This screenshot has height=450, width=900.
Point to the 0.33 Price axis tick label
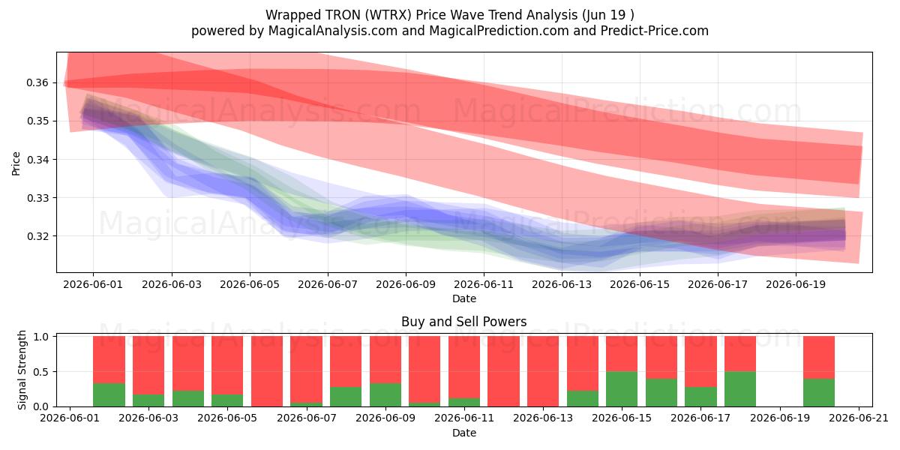37,198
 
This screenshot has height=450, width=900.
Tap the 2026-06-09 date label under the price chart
406,284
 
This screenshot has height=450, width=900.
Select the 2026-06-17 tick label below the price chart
718,284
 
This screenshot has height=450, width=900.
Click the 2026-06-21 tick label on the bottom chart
859,418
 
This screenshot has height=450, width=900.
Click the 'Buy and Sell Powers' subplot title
464,322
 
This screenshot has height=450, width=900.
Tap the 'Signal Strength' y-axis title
22,370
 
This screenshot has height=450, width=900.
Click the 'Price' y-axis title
16,163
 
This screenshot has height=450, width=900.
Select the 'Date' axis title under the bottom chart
464,433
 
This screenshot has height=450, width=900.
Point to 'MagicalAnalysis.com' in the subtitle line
333,31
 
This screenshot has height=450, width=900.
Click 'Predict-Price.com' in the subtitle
655,31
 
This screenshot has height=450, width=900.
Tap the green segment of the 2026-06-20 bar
819,392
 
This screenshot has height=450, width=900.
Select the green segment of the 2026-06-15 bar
622,389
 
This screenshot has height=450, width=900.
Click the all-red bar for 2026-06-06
267,371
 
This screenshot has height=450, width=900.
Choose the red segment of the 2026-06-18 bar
740,354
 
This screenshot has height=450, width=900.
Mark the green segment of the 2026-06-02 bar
109,395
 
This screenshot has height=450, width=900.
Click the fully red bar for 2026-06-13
543,371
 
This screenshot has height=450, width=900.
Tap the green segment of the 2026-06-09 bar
385,395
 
